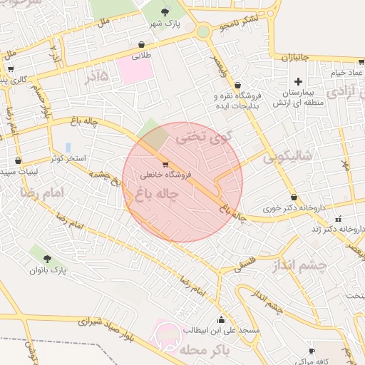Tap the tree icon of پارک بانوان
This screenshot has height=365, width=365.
pos(48,259)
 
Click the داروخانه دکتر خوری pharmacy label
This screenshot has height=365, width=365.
pos(294,209)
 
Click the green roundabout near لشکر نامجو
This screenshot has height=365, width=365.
pos(204,31)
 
